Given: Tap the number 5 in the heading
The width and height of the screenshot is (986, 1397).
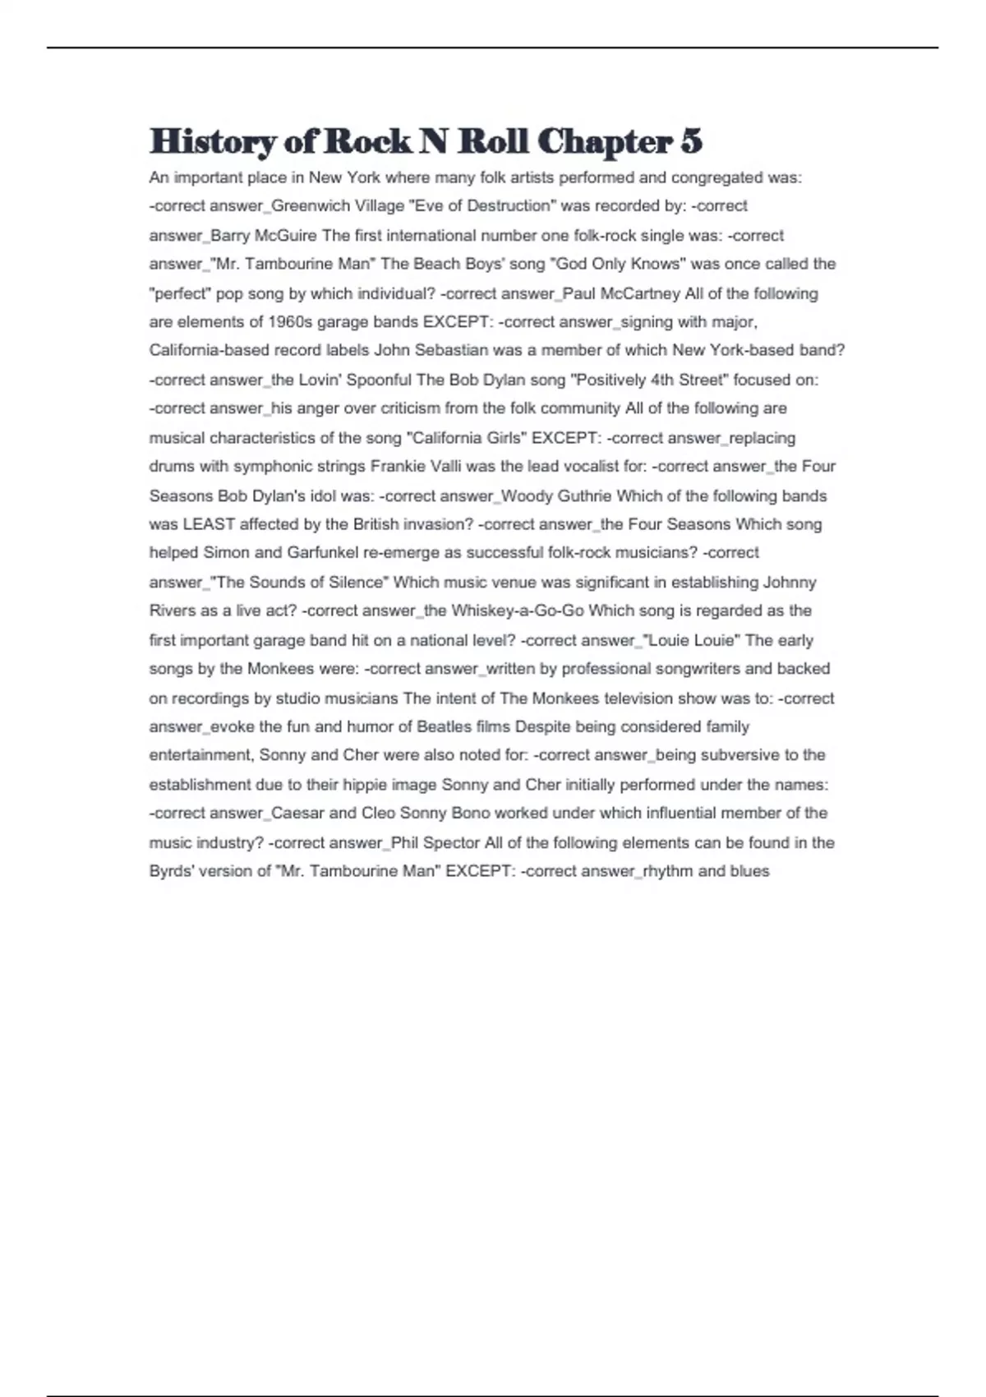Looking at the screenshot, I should click(691, 142).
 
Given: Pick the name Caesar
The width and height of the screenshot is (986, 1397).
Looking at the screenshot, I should click(297, 814).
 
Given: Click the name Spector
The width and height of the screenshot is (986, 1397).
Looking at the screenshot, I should click(450, 843).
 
